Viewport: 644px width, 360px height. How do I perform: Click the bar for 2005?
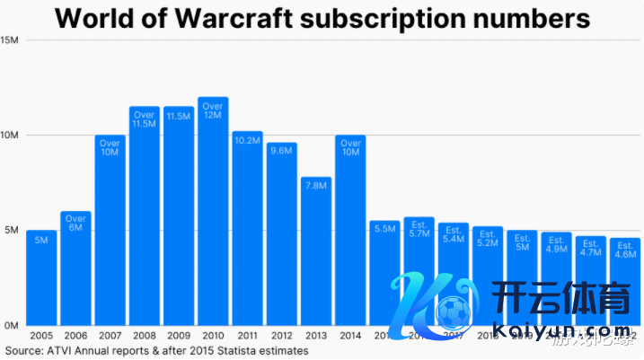(41, 277)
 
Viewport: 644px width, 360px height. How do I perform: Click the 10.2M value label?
(247, 140)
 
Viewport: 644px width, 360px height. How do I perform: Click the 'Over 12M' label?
(213, 111)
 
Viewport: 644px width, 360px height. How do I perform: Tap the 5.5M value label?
(384, 229)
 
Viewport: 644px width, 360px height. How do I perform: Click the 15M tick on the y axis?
(10, 40)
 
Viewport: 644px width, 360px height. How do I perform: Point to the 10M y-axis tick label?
(10, 136)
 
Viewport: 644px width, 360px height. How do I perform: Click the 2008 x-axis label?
(144, 335)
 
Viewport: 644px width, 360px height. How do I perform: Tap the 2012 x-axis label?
(281, 335)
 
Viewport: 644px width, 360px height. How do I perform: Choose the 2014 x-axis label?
(349, 335)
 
